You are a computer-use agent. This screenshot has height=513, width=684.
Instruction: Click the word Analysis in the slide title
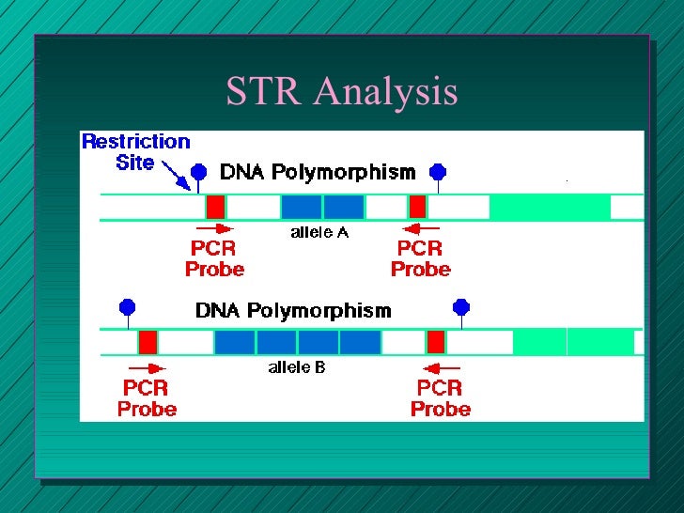(385, 92)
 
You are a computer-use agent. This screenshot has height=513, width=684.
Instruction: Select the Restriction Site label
(135, 152)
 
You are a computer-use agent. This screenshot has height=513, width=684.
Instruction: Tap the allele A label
(319, 232)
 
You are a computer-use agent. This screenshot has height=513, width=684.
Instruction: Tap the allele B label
(297, 367)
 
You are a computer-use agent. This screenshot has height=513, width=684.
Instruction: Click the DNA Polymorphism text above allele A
(317, 172)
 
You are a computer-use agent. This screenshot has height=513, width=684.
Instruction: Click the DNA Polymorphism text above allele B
(293, 310)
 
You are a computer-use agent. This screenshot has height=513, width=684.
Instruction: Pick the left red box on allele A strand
(216, 207)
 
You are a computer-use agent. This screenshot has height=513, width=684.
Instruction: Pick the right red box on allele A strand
(417, 207)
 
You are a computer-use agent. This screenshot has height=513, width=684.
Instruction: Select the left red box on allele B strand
(148, 342)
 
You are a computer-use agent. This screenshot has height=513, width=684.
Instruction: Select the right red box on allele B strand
(435, 342)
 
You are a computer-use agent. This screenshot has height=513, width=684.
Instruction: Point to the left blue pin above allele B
(128, 307)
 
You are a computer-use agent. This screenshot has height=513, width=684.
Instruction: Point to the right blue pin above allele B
(460, 307)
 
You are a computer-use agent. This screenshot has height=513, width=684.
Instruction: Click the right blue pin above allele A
(437, 171)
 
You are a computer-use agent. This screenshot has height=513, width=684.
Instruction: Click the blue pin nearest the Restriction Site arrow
(198, 171)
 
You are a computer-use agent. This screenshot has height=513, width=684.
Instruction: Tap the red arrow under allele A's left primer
(213, 228)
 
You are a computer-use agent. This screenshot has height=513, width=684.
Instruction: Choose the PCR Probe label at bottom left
(147, 398)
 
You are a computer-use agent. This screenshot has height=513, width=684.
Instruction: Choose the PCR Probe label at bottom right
(440, 398)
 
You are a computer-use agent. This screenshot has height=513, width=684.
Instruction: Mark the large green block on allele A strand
(550, 207)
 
